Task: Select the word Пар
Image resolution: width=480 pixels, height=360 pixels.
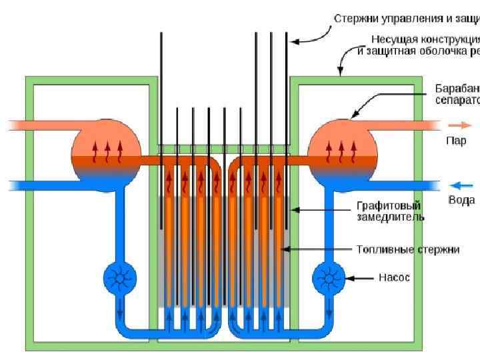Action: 456,141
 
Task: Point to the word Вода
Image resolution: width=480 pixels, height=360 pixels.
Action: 461,199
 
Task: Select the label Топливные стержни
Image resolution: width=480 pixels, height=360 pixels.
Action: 408,249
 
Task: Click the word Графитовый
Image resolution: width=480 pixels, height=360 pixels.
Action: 388,206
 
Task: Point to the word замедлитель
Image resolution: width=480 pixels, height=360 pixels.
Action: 391,217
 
